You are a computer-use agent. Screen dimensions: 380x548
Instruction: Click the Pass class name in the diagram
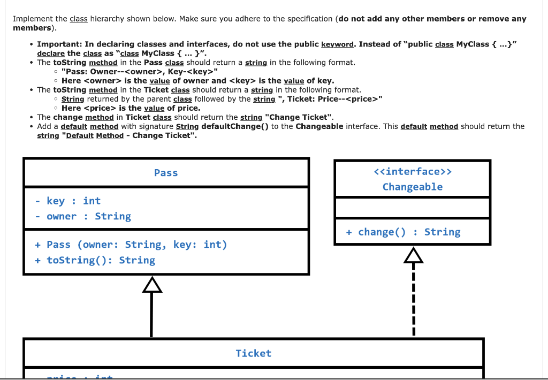click(166, 173)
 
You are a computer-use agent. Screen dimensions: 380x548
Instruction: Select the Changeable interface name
click(412, 187)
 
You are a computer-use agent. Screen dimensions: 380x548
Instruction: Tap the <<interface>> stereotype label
click(412, 171)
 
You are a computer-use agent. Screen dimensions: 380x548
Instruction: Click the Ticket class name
click(253, 353)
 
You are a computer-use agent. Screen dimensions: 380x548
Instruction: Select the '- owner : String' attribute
click(83, 216)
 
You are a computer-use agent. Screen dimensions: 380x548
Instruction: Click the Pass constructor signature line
click(131, 245)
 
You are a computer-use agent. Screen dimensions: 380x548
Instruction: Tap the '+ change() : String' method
click(403, 232)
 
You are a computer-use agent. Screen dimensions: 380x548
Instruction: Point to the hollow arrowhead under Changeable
click(413, 256)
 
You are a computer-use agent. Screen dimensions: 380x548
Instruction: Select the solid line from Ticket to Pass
click(152, 316)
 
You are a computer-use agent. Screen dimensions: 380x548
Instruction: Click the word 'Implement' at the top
click(31, 19)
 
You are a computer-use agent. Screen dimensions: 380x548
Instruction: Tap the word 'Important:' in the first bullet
click(58, 44)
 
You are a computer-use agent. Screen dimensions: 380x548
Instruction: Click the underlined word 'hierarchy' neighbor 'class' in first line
click(79, 19)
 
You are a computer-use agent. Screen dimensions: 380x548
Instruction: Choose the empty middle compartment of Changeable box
click(412, 208)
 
